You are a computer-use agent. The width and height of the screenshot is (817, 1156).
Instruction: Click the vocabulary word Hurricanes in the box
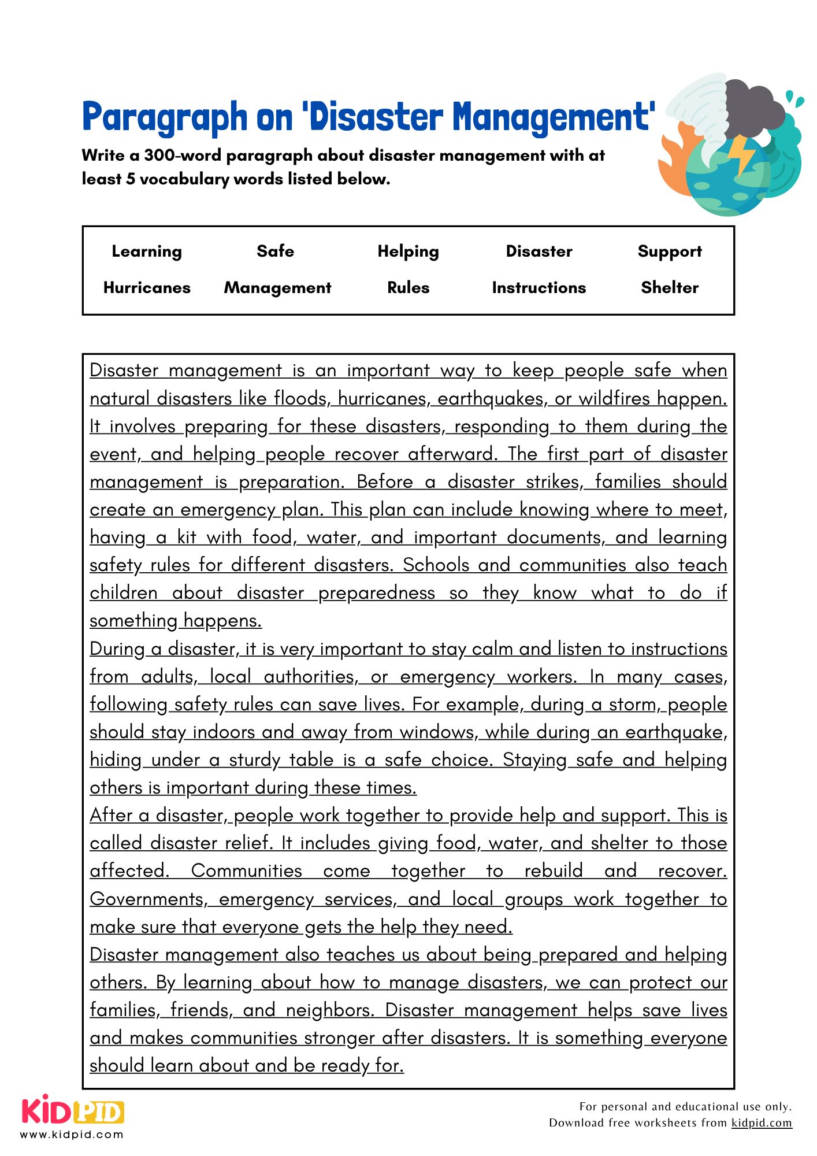[x=147, y=288]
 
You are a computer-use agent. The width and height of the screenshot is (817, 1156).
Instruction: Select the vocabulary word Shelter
[x=670, y=288]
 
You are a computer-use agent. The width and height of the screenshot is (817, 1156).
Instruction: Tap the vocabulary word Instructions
[x=539, y=288]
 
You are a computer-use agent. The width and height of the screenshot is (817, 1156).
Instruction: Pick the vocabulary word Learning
[x=147, y=251]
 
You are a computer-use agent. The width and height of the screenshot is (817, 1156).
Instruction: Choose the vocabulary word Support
[x=670, y=251]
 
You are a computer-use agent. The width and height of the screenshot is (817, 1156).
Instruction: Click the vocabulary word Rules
[x=408, y=288]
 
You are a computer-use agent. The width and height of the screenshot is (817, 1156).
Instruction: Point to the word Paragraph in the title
[x=165, y=117]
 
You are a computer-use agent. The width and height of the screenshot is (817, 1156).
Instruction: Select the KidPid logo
[x=73, y=1111]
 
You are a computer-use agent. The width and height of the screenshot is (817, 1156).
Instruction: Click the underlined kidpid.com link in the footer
[x=761, y=1122]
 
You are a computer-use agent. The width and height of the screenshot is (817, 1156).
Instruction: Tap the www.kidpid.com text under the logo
[x=72, y=1135]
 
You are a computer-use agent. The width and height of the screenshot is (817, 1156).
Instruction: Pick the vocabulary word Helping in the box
[x=408, y=251]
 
